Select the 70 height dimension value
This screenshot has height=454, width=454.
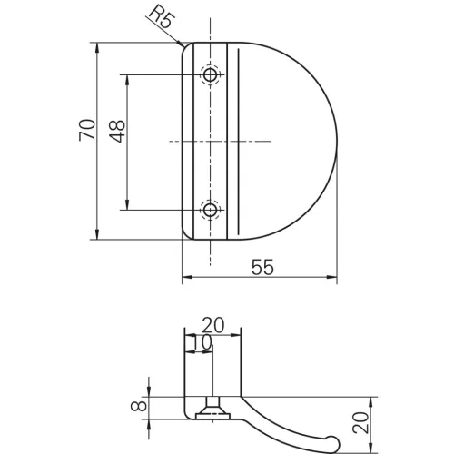86,130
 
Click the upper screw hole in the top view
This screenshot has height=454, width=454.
211,74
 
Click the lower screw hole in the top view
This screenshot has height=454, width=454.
211,210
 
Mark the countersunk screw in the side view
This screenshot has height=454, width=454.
211,411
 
